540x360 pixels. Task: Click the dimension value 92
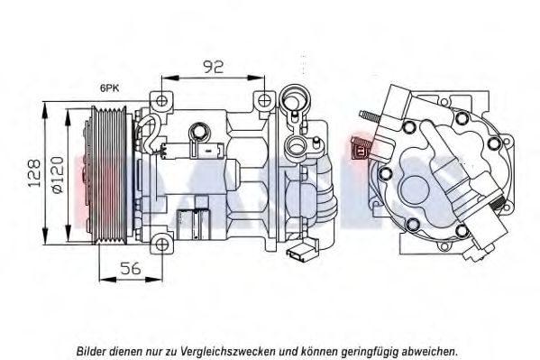coord(213,67)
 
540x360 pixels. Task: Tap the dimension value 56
coord(131,268)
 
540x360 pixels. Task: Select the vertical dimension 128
coord(35,173)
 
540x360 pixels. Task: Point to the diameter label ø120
coord(57,174)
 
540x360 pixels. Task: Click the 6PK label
coord(109,88)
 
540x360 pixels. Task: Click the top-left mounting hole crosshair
coord(161,101)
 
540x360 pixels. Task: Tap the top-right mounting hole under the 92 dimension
coord(264,100)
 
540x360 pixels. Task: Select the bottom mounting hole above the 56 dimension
coord(161,245)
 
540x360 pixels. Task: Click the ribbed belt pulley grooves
coord(109,174)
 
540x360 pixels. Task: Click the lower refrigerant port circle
coord(296,145)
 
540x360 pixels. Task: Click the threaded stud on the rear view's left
coord(370,116)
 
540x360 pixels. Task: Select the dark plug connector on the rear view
coord(361,148)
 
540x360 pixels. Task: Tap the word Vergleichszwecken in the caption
coord(227,352)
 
